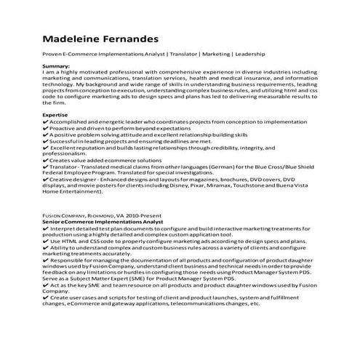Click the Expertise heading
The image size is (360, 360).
[57, 114]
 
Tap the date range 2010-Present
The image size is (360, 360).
[143, 216]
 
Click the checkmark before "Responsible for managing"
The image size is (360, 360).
[46, 260]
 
